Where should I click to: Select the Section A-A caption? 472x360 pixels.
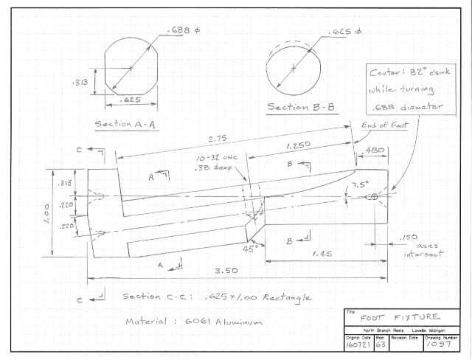point(124,124)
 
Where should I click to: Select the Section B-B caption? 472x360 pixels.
point(301,108)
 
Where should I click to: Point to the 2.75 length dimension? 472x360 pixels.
point(216,138)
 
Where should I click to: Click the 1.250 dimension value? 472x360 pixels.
point(299,147)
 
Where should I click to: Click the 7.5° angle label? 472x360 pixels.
point(360,184)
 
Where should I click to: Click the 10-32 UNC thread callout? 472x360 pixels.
point(212,159)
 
